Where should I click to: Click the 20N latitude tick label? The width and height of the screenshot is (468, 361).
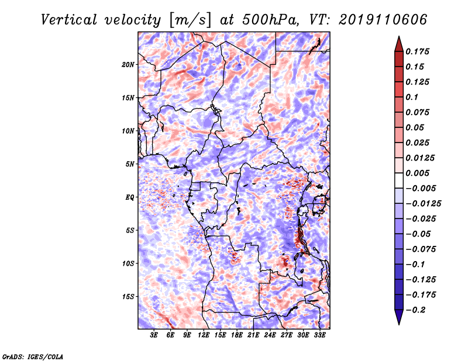coord(128,65)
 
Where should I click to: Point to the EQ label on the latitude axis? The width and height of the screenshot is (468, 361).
coord(129,197)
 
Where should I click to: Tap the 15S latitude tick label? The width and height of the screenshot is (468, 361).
coord(128,297)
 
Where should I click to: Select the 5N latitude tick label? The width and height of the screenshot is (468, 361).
coord(130,164)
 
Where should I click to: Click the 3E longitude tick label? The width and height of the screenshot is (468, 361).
coord(154,335)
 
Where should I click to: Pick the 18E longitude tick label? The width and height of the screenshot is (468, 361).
coord(237,335)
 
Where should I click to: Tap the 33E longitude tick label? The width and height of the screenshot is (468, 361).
coord(319,335)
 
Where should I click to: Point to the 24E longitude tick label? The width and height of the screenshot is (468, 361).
coord(270,335)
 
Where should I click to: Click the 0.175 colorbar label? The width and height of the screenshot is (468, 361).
coord(418,51)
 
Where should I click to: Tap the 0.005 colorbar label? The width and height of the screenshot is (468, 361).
coord(418,173)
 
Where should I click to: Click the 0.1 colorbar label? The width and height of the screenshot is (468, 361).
coord(412,97)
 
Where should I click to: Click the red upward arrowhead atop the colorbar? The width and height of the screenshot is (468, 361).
coord(399,44)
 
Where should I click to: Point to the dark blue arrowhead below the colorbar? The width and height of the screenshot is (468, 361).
coord(399,317)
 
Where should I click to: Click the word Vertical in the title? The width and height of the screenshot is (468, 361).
coord(69,20)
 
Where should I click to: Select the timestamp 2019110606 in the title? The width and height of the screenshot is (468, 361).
coord(383,20)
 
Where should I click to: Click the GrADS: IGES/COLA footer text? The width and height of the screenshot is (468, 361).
coord(33,357)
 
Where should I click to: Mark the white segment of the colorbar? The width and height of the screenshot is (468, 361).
coord(399,180)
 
